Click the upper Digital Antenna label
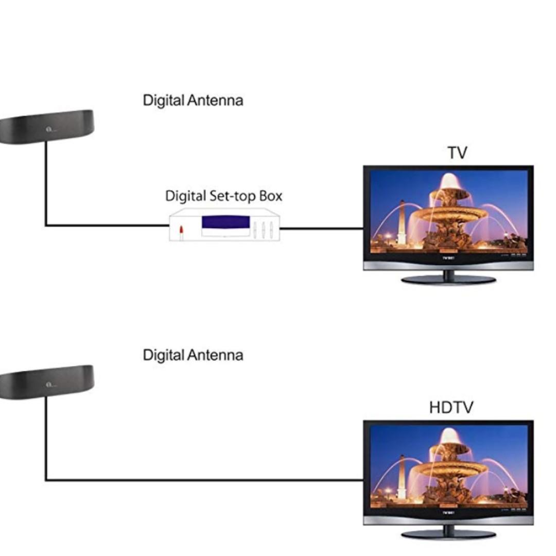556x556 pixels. [x=193, y=100]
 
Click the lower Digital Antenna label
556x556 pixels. [x=193, y=355]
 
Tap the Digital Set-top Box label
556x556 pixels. [x=223, y=196]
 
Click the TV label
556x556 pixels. [x=457, y=153]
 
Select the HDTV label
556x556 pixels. [x=450, y=408]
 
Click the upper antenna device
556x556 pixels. [x=46, y=126]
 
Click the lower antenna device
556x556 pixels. [x=46, y=381]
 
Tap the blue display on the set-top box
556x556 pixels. [x=225, y=222]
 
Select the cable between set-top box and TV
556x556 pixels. [x=322, y=228]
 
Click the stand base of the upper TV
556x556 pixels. [x=448, y=280]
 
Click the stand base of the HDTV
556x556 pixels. [x=448, y=534]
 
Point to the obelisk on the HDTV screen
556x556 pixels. [x=402, y=477]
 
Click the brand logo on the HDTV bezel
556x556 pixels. [x=448, y=513]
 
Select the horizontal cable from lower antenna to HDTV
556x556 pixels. [x=206, y=480]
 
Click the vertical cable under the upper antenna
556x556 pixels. [x=46, y=185]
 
